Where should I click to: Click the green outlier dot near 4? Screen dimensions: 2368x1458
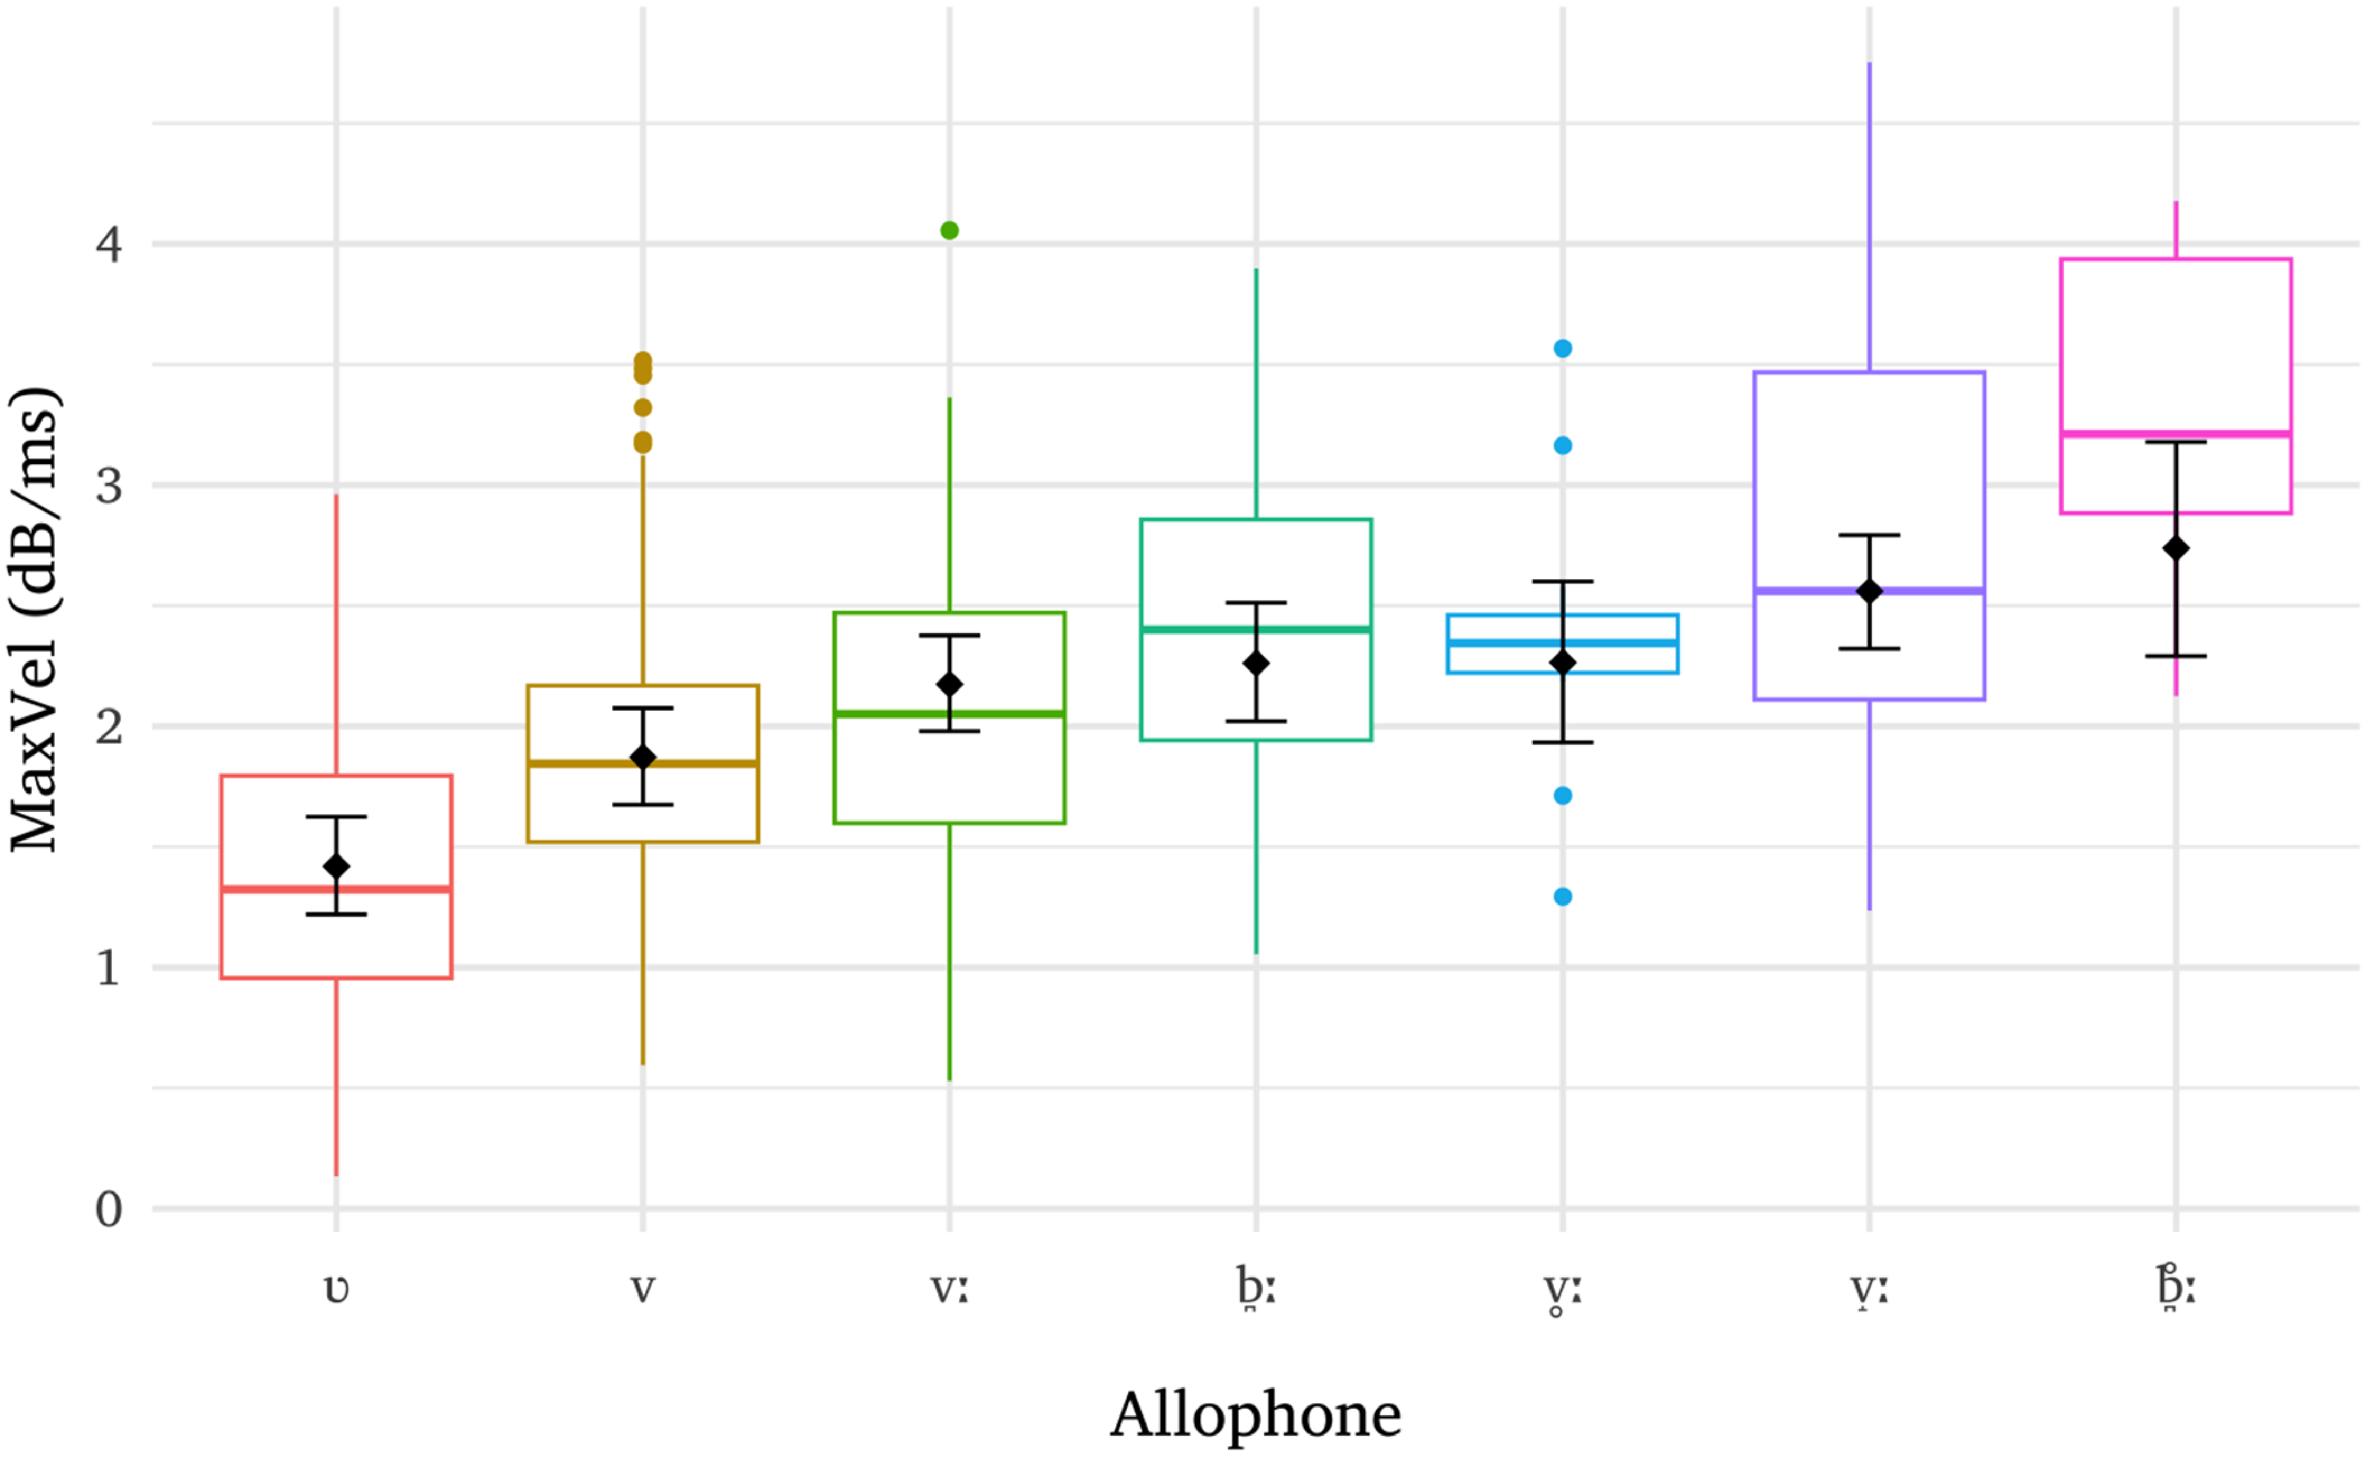click(949, 230)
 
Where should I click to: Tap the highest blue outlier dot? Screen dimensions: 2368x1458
click(1563, 348)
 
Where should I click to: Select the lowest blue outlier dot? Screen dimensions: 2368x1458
click(1563, 897)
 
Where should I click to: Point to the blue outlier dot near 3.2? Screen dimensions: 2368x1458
click(1563, 446)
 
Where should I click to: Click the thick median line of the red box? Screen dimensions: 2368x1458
click(337, 889)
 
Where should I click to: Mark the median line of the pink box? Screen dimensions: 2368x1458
click(2176, 434)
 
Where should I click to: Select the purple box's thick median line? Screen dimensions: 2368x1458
click(1869, 590)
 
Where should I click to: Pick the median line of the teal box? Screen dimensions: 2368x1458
click(1256, 629)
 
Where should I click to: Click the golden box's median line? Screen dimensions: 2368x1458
click(643, 763)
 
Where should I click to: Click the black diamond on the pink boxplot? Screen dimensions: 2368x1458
click(2176, 549)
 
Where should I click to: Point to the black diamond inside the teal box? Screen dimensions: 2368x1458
click(1256, 664)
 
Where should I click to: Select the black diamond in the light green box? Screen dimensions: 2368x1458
click(949, 685)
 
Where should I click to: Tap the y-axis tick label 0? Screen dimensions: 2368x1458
click(109, 1209)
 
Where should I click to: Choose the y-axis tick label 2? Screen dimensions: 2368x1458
click(109, 726)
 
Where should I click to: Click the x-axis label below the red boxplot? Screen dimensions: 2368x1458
click(337, 1289)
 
